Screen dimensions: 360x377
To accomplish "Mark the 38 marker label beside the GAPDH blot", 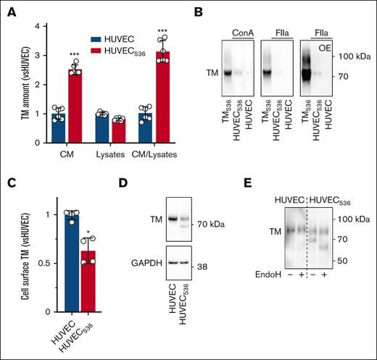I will (202, 258).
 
